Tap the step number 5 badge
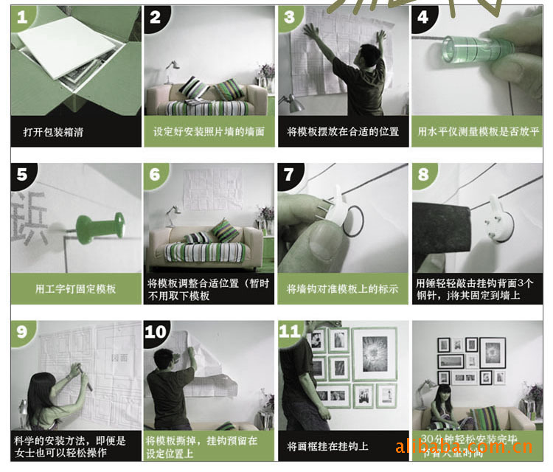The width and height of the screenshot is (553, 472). coord(23,176)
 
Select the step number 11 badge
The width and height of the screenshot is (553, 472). coord(290,332)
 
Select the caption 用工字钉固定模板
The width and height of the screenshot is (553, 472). coord(75,288)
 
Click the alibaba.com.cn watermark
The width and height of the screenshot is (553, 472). coord(464,447)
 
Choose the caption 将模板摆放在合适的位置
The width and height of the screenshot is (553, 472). coord(342,132)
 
